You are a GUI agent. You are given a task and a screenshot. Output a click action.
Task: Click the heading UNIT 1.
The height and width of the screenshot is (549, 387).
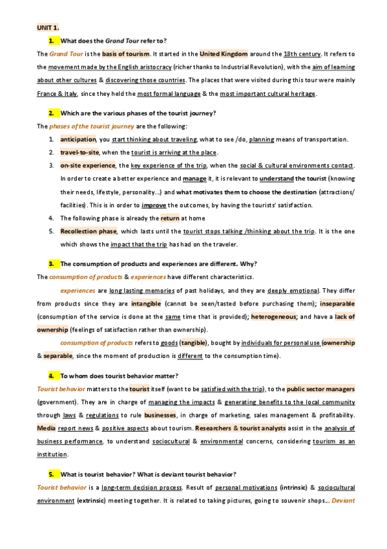(x=48, y=28)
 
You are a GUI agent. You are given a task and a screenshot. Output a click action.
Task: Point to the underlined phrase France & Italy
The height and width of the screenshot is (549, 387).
(x=57, y=94)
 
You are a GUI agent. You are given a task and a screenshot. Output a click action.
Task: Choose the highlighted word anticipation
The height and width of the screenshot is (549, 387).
(x=78, y=139)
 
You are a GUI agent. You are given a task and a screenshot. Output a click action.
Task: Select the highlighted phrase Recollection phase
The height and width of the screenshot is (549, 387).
(x=89, y=231)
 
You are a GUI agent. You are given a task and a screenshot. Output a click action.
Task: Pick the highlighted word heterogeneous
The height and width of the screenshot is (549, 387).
(x=274, y=317)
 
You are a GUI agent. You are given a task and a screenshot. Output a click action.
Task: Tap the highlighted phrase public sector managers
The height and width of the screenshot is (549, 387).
(x=320, y=388)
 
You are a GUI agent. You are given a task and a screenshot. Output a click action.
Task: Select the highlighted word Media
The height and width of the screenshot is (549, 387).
(x=46, y=428)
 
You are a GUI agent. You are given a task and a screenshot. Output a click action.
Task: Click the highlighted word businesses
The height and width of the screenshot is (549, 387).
(x=160, y=415)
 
